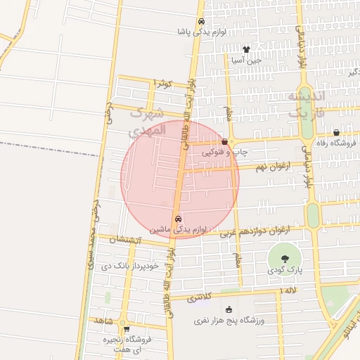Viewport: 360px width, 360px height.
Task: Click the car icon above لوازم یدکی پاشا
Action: [201, 21]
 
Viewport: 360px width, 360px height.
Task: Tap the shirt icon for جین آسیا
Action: [246, 49]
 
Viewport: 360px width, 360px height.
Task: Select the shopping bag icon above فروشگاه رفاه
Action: [336, 132]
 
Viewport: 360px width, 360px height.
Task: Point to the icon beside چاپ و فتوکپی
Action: [224, 141]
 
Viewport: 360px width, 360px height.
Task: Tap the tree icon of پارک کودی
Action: [284, 259]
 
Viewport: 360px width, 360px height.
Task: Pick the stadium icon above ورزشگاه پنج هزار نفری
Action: [229, 309]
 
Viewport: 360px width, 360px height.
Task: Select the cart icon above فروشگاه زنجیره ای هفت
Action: [127, 328]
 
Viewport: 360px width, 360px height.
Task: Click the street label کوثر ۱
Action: [163, 84]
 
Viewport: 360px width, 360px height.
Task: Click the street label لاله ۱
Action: [289, 290]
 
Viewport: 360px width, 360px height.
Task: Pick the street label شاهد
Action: [104, 320]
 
